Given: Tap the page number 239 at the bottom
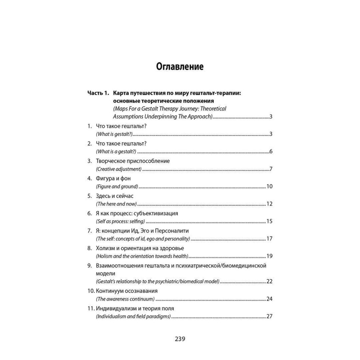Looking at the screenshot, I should [x=180, y=339].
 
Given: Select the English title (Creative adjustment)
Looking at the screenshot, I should [x=119, y=169].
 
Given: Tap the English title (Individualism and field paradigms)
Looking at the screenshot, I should [x=133, y=317].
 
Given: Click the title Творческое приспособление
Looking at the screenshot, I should [x=133, y=161].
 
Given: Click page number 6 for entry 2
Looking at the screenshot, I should [x=271, y=152].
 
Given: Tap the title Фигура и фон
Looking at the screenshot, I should [x=113, y=179].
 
